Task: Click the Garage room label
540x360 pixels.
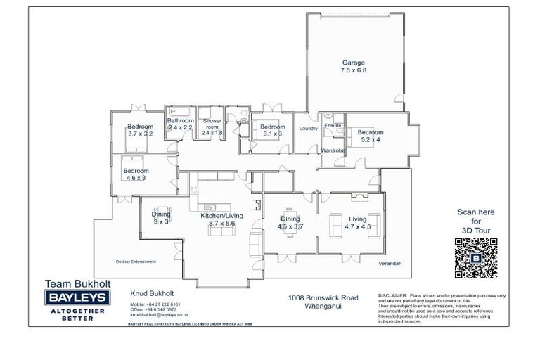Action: [x=353, y=67]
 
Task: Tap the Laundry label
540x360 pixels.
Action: [x=309, y=129]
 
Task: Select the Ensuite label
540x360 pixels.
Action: [x=333, y=126]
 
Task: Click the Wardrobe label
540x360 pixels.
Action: [x=333, y=150]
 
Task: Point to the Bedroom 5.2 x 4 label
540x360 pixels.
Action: [x=370, y=136]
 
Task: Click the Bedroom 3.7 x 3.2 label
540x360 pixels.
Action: [x=140, y=129]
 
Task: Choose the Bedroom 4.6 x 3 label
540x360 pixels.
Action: [x=136, y=174]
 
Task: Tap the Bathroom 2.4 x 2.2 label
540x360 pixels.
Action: [x=180, y=124]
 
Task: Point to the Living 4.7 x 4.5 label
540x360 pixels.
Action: [x=357, y=223]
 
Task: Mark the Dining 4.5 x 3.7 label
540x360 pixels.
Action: [x=290, y=223]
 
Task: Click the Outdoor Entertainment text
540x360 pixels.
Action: [x=136, y=262]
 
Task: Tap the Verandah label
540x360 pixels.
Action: [x=389, y=263]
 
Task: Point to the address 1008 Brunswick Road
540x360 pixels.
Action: [x=323, y=297]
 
